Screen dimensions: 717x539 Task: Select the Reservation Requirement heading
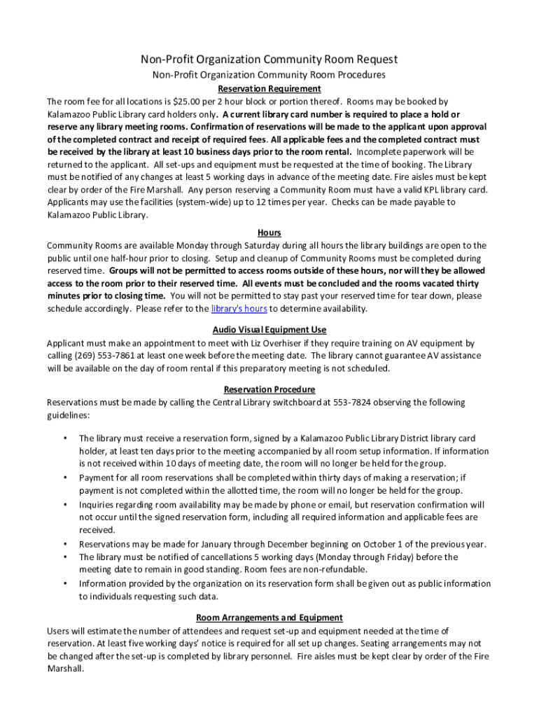click(x=269, y=89)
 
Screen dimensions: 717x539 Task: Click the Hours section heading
click(x=269, y=232)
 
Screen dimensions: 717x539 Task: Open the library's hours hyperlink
click(x=239, y=309)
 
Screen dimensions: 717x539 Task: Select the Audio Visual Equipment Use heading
click(x=269, y=330)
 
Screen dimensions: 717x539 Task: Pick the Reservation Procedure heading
click(x=269, y=389)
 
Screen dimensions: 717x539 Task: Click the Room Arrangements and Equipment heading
click(x=269, y=618)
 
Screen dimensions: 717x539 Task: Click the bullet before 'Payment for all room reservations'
click(x=64, y=478)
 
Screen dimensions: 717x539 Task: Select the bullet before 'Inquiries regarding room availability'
click(x=64, y=504)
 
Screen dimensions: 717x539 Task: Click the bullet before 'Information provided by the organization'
click(x=64, y=583)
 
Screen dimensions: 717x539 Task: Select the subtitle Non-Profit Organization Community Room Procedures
click(x=269, y=75)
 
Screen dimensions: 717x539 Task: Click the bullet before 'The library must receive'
click(x=64, y=438)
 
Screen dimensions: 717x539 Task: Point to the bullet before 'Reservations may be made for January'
click(x=64, y=544)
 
